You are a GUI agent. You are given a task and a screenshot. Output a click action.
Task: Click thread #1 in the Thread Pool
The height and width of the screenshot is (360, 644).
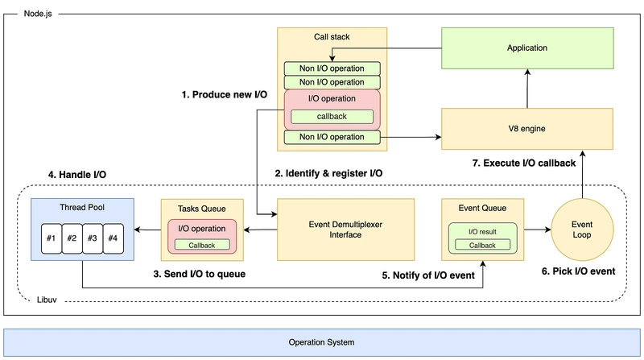click(52, 238)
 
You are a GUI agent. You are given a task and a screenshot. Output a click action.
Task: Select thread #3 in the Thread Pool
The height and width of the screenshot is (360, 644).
click(93, 238)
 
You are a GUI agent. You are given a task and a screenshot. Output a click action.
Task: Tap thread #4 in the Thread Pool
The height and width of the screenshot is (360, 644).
click(113, 238)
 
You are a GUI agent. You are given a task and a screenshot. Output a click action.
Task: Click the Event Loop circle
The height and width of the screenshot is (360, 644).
click(582, 230)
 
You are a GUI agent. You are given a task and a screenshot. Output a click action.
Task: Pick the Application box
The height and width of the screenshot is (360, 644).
click(527, 48)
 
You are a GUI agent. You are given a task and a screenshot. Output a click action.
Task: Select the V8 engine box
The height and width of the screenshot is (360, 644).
click(527, 129)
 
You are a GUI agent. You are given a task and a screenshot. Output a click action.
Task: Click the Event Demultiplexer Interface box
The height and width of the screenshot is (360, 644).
click(345, 230)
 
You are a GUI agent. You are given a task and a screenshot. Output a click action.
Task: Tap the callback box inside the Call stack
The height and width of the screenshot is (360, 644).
click(332, 117)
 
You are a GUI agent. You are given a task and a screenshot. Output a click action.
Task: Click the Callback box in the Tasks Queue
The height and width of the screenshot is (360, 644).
click(202, 246)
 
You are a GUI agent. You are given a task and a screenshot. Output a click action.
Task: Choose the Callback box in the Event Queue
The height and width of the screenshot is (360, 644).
click(482, 246)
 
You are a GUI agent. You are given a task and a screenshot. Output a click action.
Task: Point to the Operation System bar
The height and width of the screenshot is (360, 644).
click(321, 342)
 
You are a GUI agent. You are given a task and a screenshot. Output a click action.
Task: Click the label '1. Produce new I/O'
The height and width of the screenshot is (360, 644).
click(225, 95)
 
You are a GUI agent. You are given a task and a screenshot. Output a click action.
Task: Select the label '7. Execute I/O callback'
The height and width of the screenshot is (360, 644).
click(524, 163)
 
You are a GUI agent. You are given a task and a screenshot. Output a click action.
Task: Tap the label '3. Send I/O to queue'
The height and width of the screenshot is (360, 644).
click(199, 274)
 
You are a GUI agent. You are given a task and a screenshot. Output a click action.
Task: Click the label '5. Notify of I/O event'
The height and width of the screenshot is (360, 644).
click(428, 275)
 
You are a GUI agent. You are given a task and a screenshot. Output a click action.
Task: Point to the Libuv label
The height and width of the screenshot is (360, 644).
click(47, 300)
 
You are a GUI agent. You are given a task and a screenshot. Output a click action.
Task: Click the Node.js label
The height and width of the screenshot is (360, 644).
click(38, 14)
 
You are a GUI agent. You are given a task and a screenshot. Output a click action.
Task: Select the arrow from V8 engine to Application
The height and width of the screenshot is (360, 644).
click(527, 89)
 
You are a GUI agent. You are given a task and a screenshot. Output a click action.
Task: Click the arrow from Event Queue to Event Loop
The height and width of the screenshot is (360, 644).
click(538, 230)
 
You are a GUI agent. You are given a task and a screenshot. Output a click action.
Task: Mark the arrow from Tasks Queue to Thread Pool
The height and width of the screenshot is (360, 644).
click(147, 230)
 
